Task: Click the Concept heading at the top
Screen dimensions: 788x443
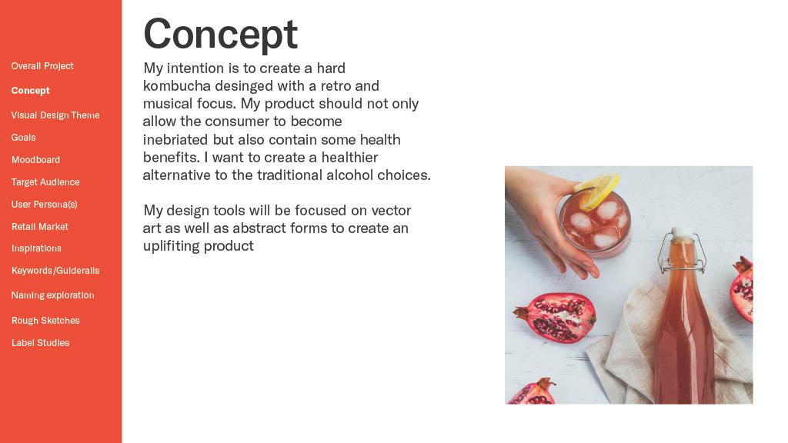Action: point(221,34)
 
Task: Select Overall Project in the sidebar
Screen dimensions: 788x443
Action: point(42,66)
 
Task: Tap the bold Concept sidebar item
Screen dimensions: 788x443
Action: point(31,91)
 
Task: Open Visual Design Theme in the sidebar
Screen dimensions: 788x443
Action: point(55,115)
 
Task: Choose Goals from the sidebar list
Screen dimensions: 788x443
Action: point(24,138)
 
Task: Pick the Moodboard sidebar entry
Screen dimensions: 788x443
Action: point(35,160)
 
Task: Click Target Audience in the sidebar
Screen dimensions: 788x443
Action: point(45,182)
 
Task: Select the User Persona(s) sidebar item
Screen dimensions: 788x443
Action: point(44,205)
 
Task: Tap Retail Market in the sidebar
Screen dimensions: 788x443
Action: point(40,227)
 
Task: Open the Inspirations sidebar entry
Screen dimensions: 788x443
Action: point(36,248)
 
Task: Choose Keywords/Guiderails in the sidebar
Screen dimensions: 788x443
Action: point(55,271)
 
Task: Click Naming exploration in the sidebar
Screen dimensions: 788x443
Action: point(53,295)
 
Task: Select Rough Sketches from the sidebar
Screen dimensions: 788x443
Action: point(45,321)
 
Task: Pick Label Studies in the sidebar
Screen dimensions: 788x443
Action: point(40,343)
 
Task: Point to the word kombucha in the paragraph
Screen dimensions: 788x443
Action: point(176,86)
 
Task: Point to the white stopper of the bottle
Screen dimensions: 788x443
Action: point(682,232)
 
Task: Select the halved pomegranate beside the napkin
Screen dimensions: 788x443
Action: point(556,317)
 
